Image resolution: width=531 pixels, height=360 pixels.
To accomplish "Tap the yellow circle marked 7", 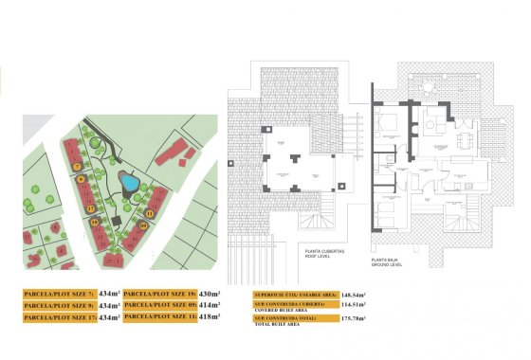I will point(76,167).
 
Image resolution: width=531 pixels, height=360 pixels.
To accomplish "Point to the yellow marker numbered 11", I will point(150,214).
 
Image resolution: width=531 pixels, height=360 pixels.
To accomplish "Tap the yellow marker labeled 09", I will point(143,225).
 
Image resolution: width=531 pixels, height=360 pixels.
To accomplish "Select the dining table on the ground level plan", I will point(464,139).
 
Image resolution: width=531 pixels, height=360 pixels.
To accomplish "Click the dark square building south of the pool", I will point(117,220).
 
